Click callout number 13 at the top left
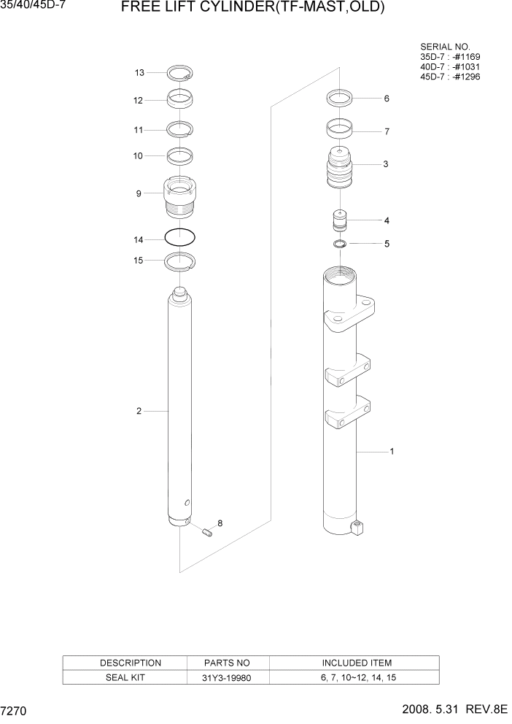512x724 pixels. (x=140, y=72)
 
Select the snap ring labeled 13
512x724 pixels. (x=179, y=73)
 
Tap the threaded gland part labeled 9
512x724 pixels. (x=179, y=196)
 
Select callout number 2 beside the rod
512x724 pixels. (x=139, y=412)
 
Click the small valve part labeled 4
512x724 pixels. (x=339, y=220)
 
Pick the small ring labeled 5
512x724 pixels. (x=340, y=243)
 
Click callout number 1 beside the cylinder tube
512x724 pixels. (x=392, y=452)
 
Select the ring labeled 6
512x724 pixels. (x=340, y=97)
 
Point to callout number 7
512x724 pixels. (x=387, y=132)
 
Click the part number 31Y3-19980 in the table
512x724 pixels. (x=228, y=677)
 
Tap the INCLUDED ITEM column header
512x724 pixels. (x=356, y=663)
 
